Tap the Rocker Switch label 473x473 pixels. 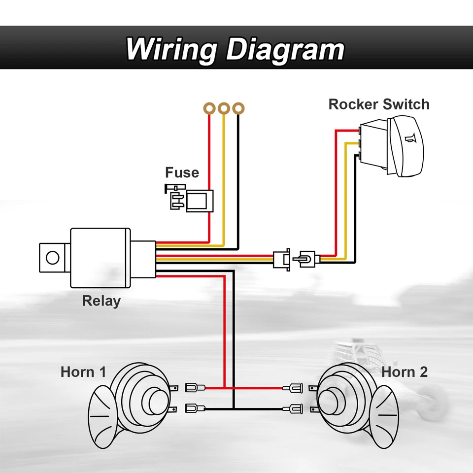pyautogui.click(x=378, y=104)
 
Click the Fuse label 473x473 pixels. pyautogui.click(x=182, y=173)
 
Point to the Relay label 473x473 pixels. pyautogui.click(x=101, y=300)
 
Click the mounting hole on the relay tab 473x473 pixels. pyautogui.click(x=52, y=257)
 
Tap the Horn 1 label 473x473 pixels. pyautogui.click(x=83, y=372)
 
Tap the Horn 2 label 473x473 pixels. pyautogui.click(x=404, y=372)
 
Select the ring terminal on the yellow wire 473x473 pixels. pyautogui.click(x=224, y=108)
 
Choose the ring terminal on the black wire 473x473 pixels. pyautogui.click(x=238, y=108)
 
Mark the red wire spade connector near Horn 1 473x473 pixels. pyautogui.click(x=195, y=388)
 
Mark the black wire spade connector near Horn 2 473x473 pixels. pyautogui.click(x=296, y=408)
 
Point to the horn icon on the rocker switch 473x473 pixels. pyautogui.click(x=410, y=140)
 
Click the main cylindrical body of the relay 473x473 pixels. pyautogui.click(x=101, y=258)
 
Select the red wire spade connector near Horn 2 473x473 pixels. pyautogui.click(x=296, y=388)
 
